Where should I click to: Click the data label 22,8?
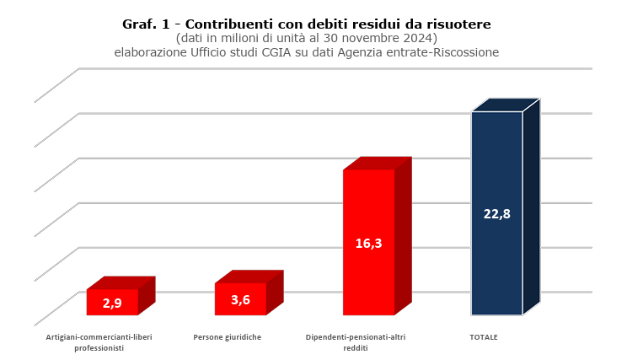[496, 214]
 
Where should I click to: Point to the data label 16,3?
[368, 244]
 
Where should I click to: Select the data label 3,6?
[240, 300]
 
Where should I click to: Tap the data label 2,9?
[112, 304]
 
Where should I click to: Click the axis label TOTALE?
[484, 337]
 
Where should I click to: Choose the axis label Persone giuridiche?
[228, 337]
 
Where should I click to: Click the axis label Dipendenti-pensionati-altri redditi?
[356, 342]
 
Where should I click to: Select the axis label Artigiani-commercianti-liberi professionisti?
[99, 342]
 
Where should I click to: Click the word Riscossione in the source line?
[467, 52]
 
